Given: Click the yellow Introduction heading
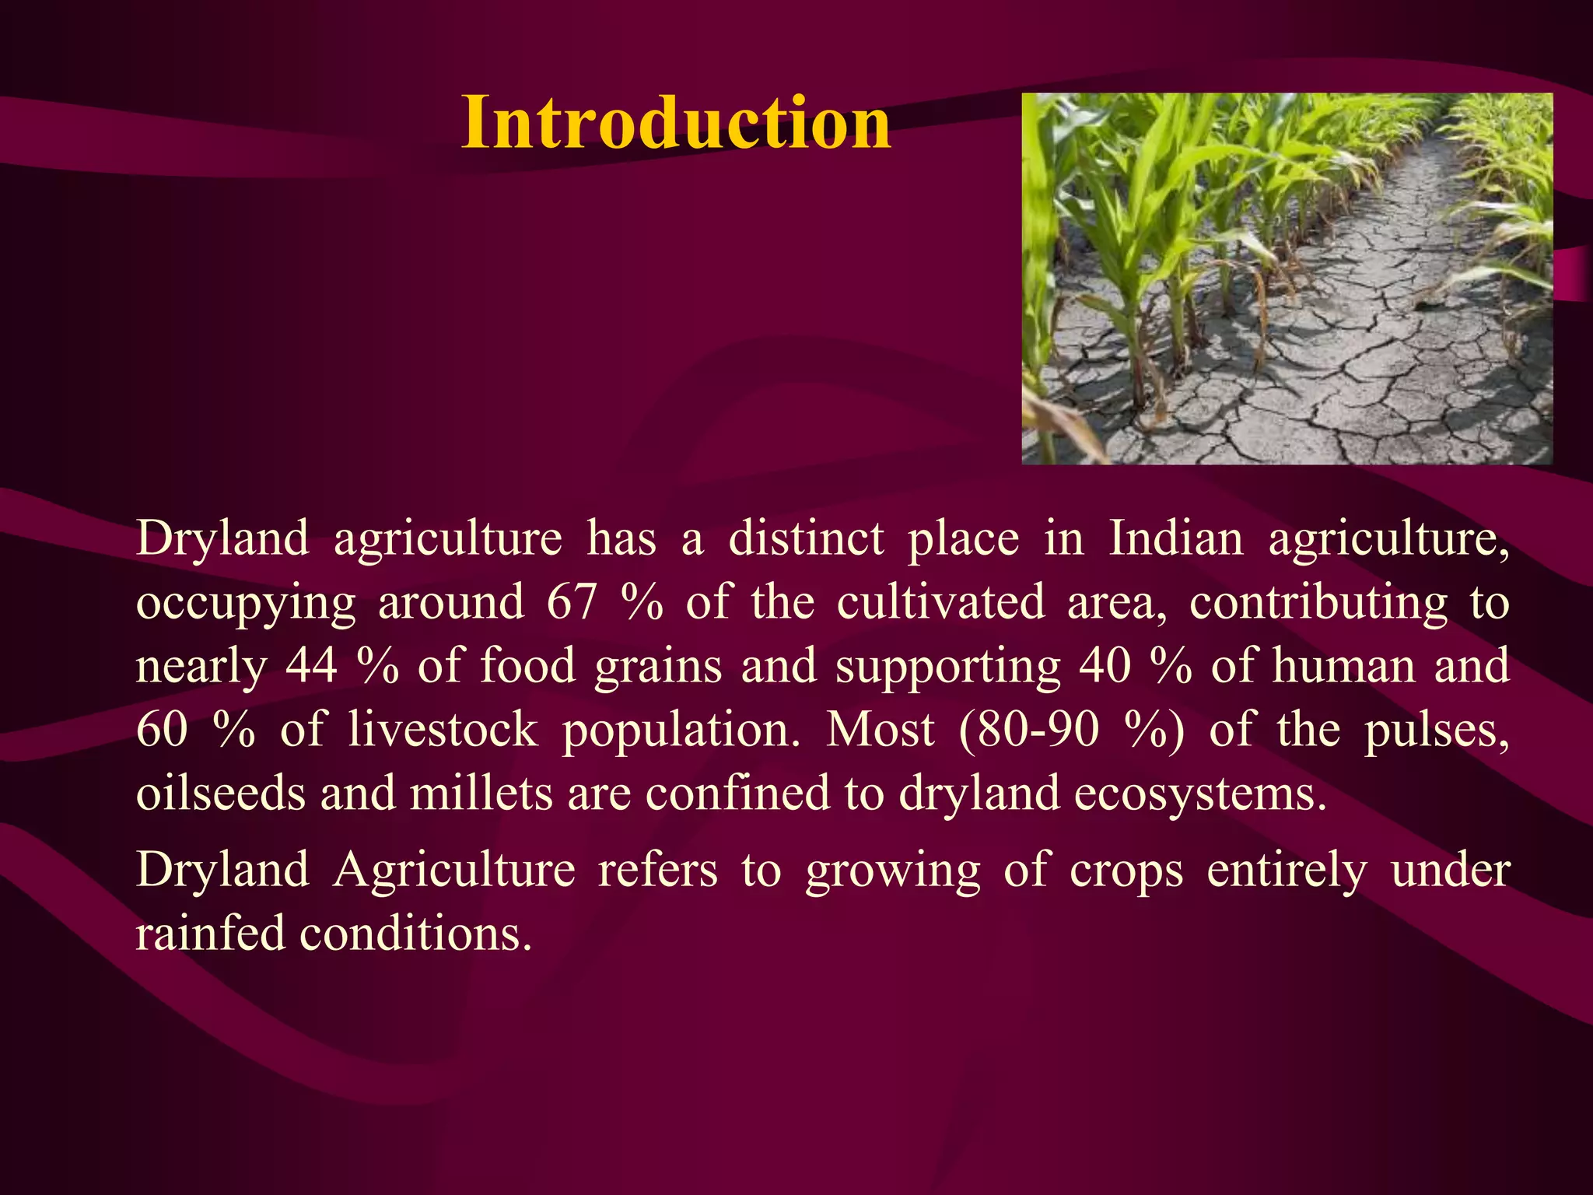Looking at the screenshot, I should coord(675,123).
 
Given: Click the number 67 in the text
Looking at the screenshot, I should coord(572,602).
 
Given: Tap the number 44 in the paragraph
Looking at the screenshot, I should coord(311,666).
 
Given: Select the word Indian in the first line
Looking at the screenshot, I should coord(1175,538).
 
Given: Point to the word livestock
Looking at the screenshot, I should coord(443,730).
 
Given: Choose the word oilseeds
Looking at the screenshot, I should coord(220,794).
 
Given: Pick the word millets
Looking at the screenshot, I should coord(481,794).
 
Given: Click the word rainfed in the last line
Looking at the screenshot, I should coord(210,934).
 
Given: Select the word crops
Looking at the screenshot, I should coord(1126,870).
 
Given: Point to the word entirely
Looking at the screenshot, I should coord(1287,870).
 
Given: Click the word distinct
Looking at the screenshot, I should coord(806,538).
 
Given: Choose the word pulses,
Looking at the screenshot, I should coord(1437,730).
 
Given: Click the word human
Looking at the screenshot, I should coord(1344,666).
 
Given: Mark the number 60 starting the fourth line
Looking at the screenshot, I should coord(162,730).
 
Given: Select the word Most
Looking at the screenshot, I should coord(880,730).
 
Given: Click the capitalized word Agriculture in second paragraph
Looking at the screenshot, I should coord(454,870).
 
